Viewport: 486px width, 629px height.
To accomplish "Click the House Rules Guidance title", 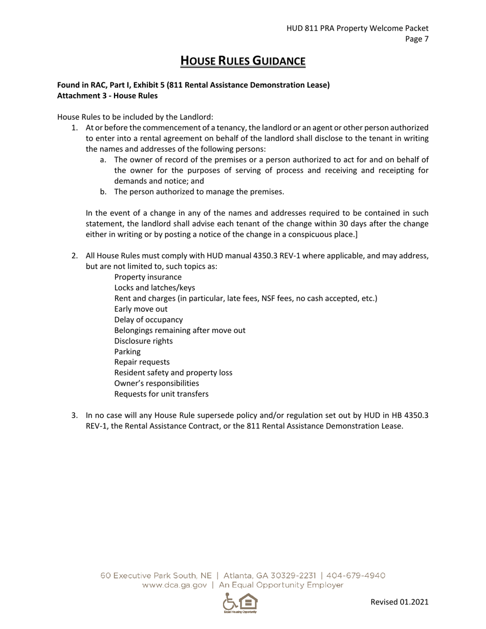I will pos(243,61).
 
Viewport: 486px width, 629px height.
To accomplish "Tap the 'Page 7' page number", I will pos(416,39).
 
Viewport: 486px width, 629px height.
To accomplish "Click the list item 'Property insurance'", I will pos(148,277).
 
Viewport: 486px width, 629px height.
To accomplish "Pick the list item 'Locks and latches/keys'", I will pos(154,288).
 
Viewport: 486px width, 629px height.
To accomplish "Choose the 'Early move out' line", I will pos(141,309).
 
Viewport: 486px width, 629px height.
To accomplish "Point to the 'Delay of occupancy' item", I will pos(148,320).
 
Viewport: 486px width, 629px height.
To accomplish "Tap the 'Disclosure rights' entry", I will pos(143,341).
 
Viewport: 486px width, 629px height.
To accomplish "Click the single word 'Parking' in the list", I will pos(127,352).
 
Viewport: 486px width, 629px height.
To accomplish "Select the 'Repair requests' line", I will pos(142,362).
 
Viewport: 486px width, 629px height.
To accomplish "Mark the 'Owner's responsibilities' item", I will pos(157,384).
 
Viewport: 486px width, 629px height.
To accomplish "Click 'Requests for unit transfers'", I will pos(161,394).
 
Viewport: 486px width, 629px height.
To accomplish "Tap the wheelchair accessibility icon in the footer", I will pos(231,602).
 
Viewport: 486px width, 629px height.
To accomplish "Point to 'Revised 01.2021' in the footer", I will pos(399,602).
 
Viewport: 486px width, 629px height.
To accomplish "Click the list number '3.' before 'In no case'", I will pos(75,416).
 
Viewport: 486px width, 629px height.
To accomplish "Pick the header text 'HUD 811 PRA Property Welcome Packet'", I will pos(357,29).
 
